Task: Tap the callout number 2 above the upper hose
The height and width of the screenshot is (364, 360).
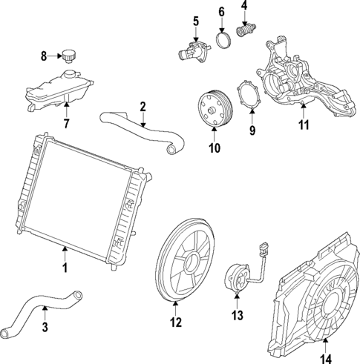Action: (x=143, y=106)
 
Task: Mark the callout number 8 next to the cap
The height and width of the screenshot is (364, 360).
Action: (x=43, y=56)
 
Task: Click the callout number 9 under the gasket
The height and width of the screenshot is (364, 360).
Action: (x=252, y=130)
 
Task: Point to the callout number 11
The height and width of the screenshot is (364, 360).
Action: (x=303, y=125)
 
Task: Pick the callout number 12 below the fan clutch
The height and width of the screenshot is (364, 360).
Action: (x=175, y=322)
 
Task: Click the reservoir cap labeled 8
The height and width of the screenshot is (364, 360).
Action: (x=70, y=55)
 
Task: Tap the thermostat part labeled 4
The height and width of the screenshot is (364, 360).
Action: (x=246, y=31)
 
